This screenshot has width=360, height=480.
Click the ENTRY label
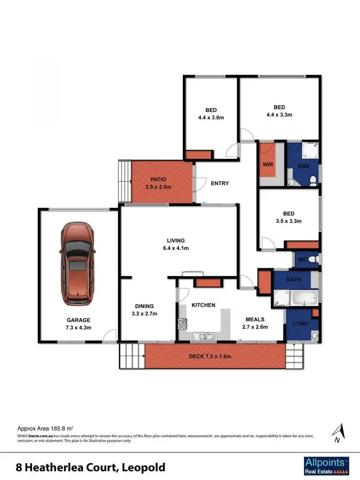(x=220, y=183)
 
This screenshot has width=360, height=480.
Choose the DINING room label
(x=144, y=310)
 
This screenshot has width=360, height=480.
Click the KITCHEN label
(x=204, y=305)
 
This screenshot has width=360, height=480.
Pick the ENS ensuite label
(x=303, y=167)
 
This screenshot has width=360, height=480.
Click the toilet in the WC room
(x=312, y=260)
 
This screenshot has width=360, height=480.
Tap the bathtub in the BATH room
(x=300, y=298)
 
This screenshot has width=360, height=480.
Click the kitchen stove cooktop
(x=182, y=324)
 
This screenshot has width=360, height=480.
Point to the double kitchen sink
(x=207, y=336)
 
